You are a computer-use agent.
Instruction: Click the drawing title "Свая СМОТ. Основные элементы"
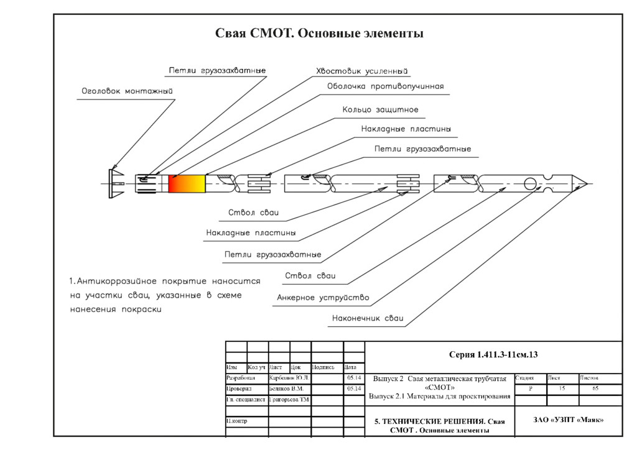[319, 34]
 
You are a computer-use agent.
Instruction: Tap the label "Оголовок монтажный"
[128, 91]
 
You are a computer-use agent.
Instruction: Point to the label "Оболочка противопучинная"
[386, 86]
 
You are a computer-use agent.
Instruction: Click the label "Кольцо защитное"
[380, 110]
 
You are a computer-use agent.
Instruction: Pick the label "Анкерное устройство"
[323, 298]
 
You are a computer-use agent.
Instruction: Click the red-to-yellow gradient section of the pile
[187, 183]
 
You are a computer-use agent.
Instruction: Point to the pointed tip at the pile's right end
[581, 183]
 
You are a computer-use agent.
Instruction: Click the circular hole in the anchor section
[530, 183]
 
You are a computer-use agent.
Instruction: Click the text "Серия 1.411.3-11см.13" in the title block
[493, 355]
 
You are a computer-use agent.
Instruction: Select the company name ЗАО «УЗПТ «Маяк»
[569, 420]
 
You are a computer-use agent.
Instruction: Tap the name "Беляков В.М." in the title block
[286, 388]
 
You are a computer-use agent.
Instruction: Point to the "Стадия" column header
[524, 378]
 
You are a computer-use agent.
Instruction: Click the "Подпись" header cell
[323, 367]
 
